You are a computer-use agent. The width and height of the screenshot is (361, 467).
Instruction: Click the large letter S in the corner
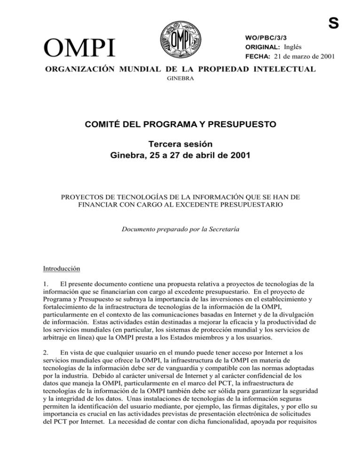[x=351, y=9]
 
